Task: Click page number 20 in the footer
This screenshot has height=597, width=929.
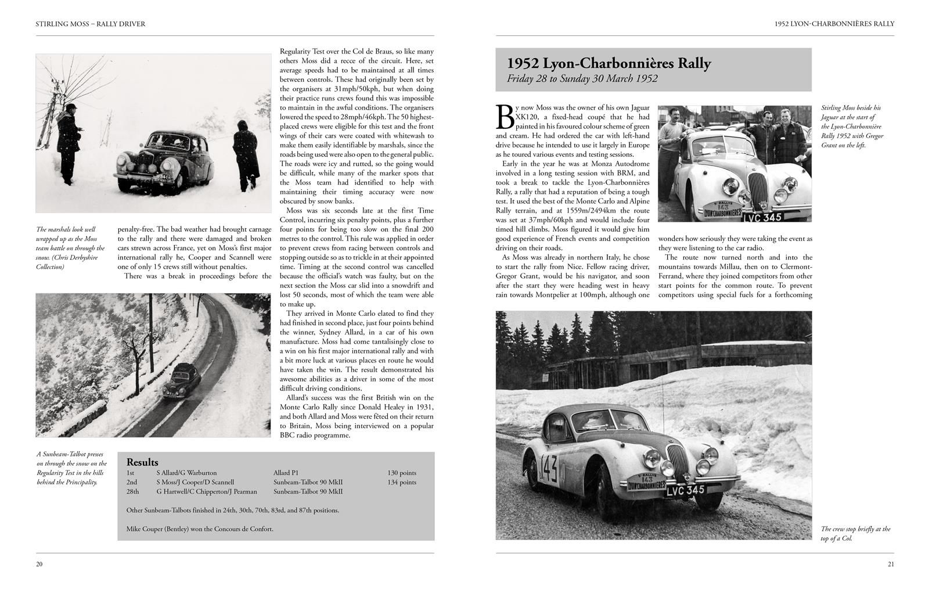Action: coord(39,564)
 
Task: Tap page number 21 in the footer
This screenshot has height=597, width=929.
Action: coord(890,564)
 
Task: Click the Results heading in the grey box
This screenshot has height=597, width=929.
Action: coord(142,462)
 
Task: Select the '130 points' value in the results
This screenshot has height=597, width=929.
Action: coord(402,473)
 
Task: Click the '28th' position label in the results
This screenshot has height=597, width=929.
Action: coord(133,491)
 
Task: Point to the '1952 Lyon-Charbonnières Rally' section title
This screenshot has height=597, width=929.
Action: coord(608,63)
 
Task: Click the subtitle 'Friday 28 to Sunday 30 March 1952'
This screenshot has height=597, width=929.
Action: coord(582,79)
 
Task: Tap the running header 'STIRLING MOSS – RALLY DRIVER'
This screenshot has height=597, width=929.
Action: coord(90,24)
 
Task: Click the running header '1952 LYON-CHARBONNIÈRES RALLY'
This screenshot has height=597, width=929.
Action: coord(834,24)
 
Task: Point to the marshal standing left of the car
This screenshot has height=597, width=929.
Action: coord(71,142)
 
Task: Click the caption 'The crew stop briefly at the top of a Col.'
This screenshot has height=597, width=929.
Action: coord(855,533)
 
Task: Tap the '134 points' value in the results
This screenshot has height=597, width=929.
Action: coord(402,482)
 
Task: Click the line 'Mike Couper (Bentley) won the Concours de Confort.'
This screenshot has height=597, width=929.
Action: coord(200,529)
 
